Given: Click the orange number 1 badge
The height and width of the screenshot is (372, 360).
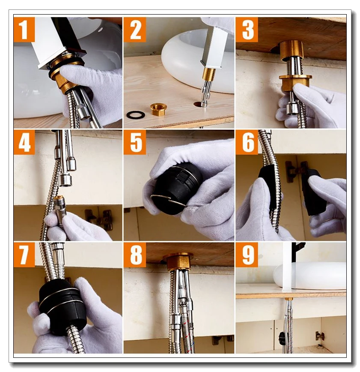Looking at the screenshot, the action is click(x=24, y=30).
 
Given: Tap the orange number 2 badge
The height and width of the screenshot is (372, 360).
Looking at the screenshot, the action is click(x=134, y=30).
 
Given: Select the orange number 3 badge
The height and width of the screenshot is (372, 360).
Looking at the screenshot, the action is click(x=247, y=30).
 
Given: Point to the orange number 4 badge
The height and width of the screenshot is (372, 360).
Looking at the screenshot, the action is click(x=24, y=142).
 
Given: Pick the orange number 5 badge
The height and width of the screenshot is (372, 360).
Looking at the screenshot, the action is click(x=134, y=142).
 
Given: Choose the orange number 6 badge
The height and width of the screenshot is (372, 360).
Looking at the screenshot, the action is click(x=247, y=142).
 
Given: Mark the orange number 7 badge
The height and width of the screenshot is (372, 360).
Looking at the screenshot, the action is click(x=24, y=255).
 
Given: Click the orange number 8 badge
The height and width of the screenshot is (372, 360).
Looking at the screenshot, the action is click(x=134, y=255).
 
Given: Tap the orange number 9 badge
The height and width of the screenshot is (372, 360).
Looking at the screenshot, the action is click(x=247, y=255).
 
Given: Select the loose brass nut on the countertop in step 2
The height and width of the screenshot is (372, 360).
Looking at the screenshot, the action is click(x=158, y=109).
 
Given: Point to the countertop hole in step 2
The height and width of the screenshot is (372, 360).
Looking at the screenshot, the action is click(x=198, y=104).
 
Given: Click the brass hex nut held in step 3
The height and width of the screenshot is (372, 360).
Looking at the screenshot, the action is click(x=295, y=82).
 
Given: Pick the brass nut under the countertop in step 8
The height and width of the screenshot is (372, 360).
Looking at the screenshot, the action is click(x=179, y=262).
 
